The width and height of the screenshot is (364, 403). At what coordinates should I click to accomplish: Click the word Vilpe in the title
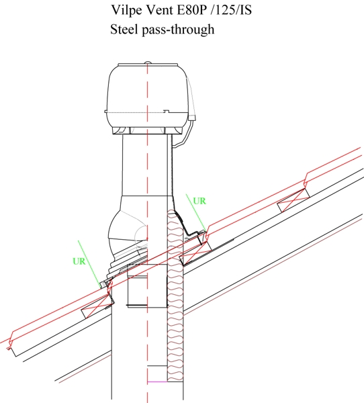[126, 11]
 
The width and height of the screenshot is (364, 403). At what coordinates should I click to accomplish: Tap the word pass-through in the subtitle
[178, 30]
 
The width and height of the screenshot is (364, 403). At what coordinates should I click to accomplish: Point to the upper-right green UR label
[199, 201]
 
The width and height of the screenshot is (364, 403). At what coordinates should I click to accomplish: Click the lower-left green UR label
[79, 261]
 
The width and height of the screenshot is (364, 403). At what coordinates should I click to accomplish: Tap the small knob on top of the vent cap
[148, 62]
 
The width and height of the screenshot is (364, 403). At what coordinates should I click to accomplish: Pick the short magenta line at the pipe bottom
[157, 382]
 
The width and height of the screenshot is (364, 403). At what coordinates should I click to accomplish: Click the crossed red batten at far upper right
[293, 200]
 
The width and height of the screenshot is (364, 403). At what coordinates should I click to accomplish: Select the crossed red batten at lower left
[97, 306]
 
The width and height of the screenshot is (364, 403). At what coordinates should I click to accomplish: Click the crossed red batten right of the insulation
[195, 253]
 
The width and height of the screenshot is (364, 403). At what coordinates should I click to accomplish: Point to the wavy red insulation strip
[175, 296]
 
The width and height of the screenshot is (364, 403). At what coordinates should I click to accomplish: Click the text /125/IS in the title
[231, 10]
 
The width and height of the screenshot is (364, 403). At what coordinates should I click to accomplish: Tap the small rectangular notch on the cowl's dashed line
[167, 111]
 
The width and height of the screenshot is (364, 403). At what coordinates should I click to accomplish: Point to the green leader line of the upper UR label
[196, 213]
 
